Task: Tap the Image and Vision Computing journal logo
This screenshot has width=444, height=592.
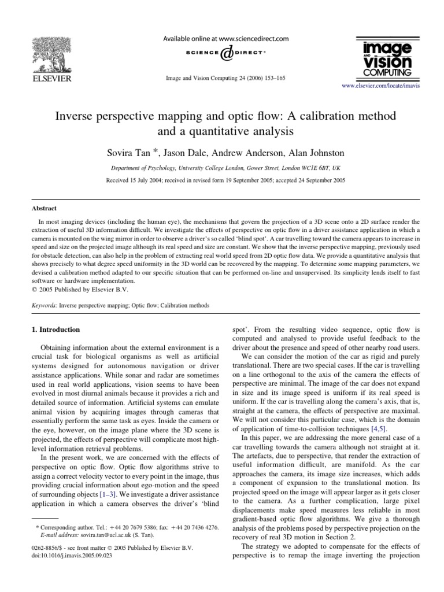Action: [387, 58]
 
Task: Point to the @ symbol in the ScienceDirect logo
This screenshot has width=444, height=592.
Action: [227, 53]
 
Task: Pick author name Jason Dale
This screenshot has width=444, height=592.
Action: [186, 153]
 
